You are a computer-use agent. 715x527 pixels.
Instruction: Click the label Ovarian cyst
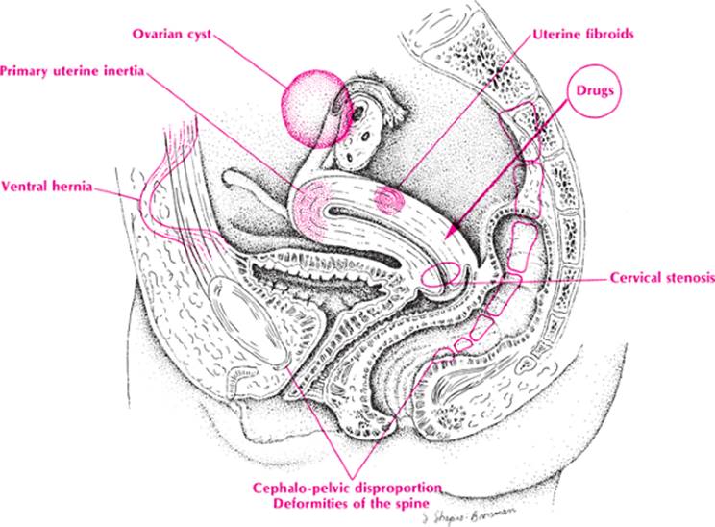(172, 35)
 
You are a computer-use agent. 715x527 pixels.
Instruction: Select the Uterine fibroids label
(583, 35)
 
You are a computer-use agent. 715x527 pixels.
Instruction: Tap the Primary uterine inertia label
(72, 71)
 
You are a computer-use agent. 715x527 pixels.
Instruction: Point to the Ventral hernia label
(46, 187)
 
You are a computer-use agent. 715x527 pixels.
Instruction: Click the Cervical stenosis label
(662, 278)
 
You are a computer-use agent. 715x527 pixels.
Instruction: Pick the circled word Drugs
(595, 90)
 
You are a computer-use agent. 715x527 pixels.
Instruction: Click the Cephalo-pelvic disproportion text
(348, 489)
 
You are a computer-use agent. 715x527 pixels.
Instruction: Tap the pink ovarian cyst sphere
(315, 109)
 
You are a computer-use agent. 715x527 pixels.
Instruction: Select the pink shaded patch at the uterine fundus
(312, 204)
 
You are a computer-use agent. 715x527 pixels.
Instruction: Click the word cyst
(197, 35)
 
